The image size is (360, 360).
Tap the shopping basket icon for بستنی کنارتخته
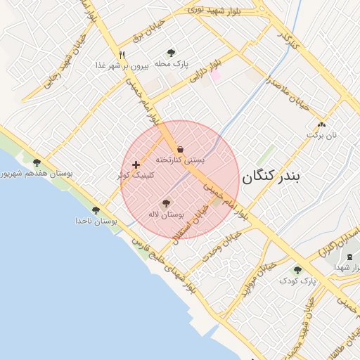[181, 149]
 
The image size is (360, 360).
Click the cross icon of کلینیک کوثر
[136, 165]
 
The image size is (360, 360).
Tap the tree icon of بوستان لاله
[166, 203]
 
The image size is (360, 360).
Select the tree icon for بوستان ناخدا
[96, 210]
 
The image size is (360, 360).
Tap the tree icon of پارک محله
[172, 53]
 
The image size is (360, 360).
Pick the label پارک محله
[172, 64]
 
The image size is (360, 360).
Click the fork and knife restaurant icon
[122, 54]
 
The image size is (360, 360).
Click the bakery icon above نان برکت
[321, 123]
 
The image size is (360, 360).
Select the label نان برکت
[324, 134]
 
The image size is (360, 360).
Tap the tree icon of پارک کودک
[297, 269]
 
